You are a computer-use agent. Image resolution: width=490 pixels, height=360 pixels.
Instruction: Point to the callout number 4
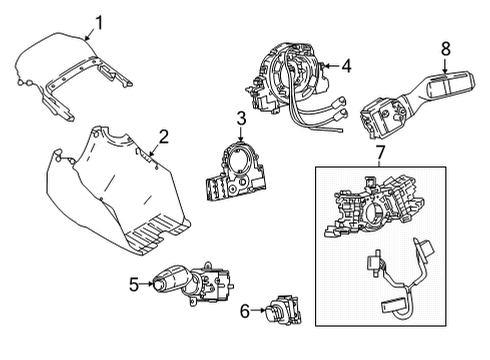point(346,66)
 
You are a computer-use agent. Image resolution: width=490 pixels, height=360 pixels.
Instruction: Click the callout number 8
point(446,47)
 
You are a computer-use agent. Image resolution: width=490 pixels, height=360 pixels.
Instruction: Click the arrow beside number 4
point(330,67)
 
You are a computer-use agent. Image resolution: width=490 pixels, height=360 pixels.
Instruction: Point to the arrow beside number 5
point(150,284)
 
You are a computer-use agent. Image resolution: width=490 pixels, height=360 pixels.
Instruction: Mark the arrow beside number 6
point(258,312)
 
